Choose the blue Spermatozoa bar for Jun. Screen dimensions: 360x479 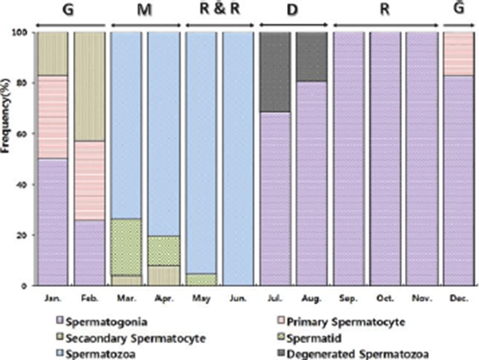(x=237, y=159)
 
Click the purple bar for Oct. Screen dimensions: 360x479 (x=385, y=159)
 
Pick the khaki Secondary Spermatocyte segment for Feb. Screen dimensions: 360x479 (x=89, y=86)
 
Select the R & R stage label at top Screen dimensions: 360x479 (x=221, y=10)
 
